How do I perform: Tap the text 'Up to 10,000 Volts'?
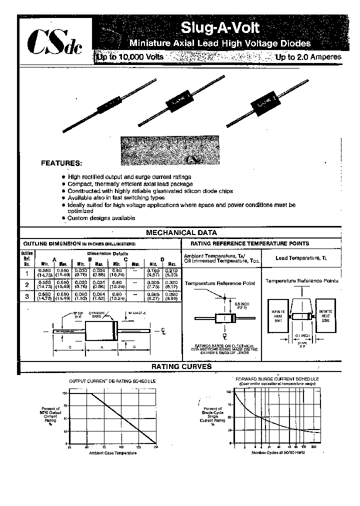130,57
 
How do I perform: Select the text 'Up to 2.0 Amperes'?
308,57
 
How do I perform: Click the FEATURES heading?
60,163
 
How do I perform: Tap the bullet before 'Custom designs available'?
63,218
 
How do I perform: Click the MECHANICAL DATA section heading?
181,232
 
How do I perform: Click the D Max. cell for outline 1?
172,272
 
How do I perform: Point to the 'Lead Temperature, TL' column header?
301,257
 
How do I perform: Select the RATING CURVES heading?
181,366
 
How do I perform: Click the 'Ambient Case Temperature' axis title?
112,453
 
